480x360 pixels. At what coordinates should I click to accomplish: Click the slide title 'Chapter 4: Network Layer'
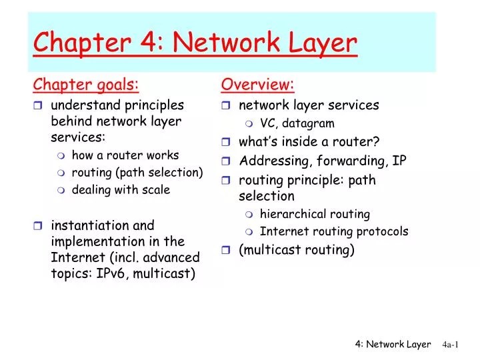pyautogui.click(x=195, y=43)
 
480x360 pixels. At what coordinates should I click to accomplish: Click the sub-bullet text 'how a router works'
pyautogui.click(x=125, y=155)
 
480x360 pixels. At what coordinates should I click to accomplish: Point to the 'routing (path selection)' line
pyautogui.click(x=137, y=173)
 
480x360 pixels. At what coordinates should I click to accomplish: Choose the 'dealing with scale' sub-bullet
pyautogui.click(x=121, y=190)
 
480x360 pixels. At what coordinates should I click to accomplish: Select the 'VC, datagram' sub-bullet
pyautogui.click(x=297, y=123)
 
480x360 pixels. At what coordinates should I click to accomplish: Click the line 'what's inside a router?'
pyautogui.click(x=309, y=141)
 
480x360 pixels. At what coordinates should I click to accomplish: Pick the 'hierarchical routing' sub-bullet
pyautogui.click(x=315, y=215)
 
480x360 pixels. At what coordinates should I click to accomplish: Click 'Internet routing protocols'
pyautogui.click(x=333, y=232)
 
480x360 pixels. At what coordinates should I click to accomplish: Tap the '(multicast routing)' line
pyautogui.click(x=297, y=250)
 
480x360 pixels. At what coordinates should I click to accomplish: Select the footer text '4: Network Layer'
pyautogui.click(x=393, y=344)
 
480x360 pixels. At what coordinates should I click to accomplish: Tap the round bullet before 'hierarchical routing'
pyautogui.click(x=249, y=215)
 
